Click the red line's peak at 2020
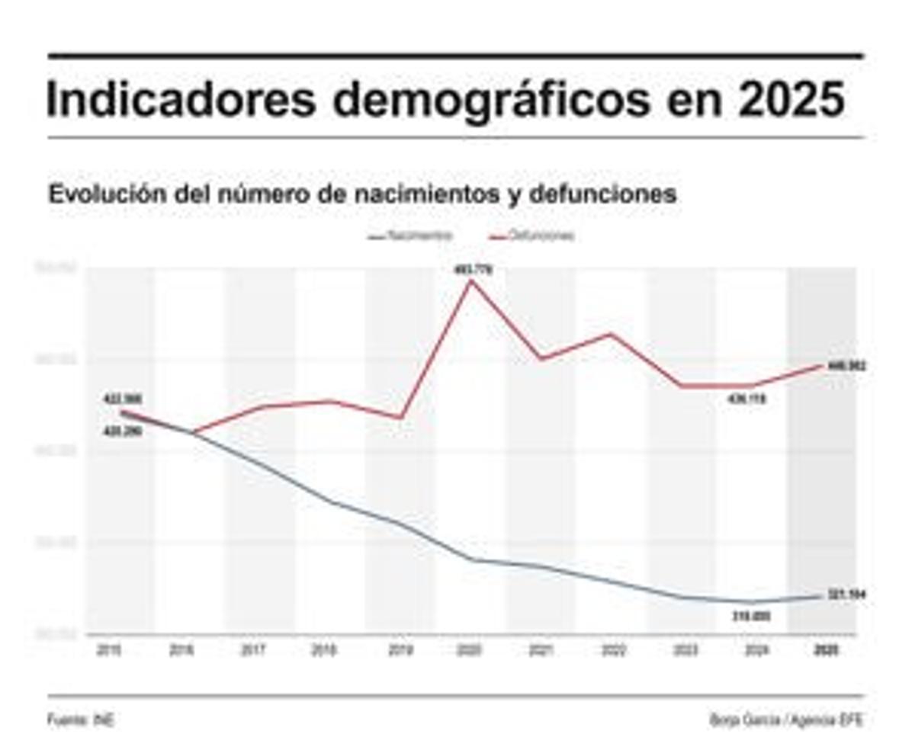tap(470, 281)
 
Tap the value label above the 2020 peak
tap(470, 268)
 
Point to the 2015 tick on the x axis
tap(110, 650)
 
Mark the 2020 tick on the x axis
tap(467, 650)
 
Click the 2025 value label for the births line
tap(846, 595)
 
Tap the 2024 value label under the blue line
tap(751, 616)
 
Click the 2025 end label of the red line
tap(846, 367)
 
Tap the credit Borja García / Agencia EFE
tap(786, 719)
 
